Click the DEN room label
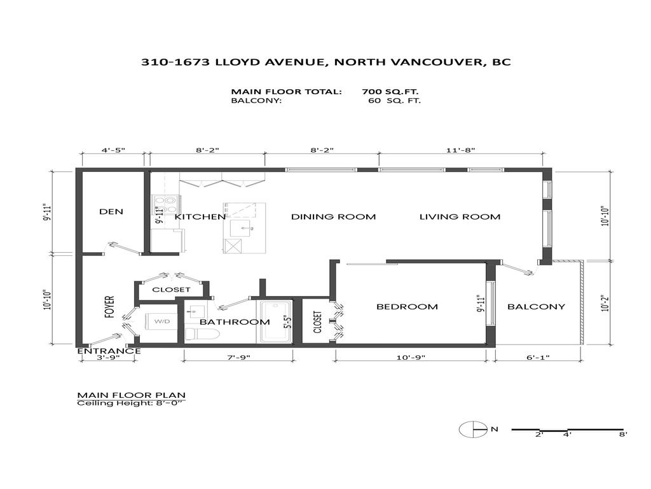111,211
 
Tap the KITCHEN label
200,216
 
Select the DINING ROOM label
333,216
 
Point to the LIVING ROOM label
460,216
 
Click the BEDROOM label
407,306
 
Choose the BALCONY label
536,306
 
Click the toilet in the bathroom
202,334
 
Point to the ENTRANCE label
109,351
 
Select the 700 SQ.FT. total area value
390,91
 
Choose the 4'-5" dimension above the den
114,150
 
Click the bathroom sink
196,311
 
